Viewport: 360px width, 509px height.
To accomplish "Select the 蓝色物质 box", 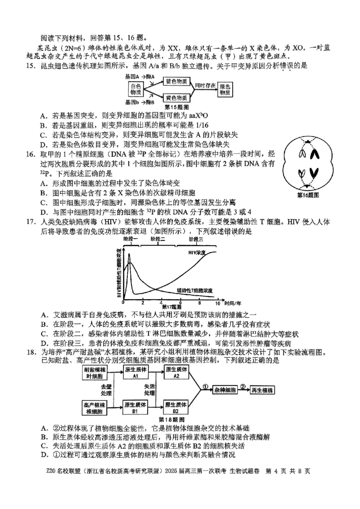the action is pos(174,81).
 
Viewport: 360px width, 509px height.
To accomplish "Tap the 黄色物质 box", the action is pos(174,98).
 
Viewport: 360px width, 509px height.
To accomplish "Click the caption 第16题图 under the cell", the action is pos(308,195).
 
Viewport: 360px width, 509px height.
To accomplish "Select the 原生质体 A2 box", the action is pos(175,373).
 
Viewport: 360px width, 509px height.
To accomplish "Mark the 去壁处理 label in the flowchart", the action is pos(106,389).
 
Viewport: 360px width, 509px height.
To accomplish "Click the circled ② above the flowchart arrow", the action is pos(243,385).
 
